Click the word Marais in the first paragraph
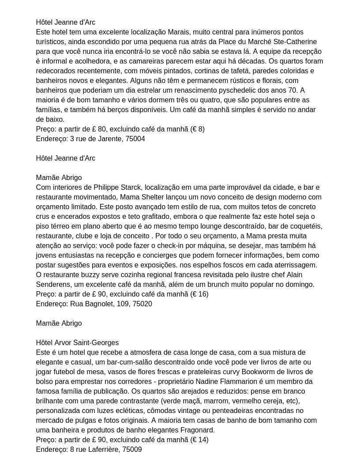(179, 32)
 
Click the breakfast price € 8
(197, 129)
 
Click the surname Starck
(132, 188)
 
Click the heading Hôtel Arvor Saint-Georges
(77, 343)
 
